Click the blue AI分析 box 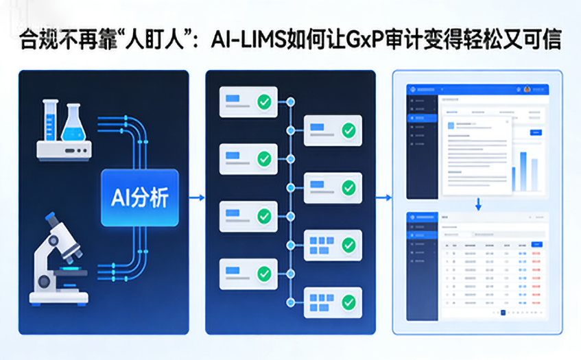[x=139, y=197]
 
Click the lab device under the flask [x=64, y=149]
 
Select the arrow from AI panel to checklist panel [x=196, y=198]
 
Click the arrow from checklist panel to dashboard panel [x=384, y=198]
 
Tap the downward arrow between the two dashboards [x=479, y=204]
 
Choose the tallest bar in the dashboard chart [x=523, y=171]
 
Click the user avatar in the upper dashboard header [x=527, y=89]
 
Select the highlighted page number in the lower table [x=503, y=313]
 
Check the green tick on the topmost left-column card [x=264, y=102]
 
